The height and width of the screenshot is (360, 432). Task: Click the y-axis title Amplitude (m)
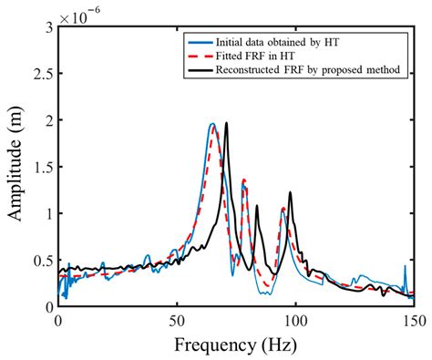click(x=16, y=167)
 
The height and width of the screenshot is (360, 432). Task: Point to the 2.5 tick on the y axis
click(x=44, y=74)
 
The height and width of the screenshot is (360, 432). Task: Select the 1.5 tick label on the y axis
click(x=44, y=168)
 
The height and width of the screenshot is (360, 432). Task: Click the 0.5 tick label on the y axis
click(x=44, y=261)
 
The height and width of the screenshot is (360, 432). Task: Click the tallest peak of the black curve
click(x=226, y=123)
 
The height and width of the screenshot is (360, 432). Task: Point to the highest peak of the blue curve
click(x=211, y=124)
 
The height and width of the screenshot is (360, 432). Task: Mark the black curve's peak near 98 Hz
click(x=290, y=192)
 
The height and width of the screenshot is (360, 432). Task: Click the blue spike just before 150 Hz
click(x=405, y=267)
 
